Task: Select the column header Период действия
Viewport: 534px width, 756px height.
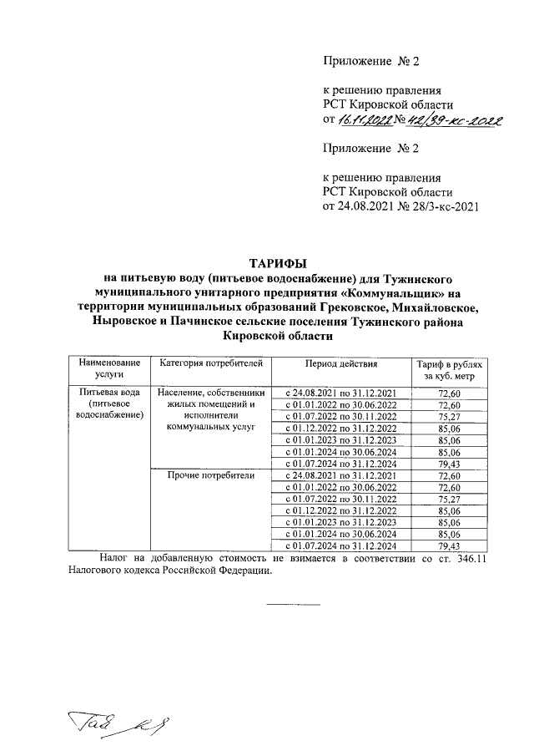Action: pyautogui.click(x=340, y=365)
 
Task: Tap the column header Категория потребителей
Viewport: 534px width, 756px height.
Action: pyautogui.click(x=211, y=365)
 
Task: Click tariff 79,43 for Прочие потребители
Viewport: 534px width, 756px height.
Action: pyautogui.click(x=448, y=545)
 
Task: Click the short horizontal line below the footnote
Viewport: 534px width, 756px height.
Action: pyautogui.click(x=292, y=603)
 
